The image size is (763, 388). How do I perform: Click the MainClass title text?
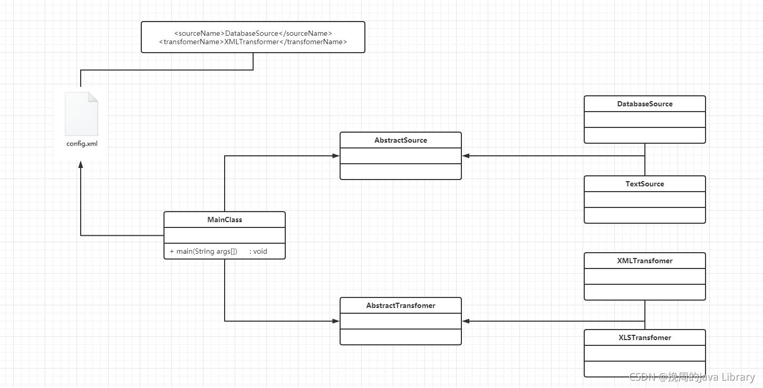click(x=225, y=220)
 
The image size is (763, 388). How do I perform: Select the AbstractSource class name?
click(x=401, y=140)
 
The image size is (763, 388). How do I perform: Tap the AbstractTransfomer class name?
click(x=401, y=305)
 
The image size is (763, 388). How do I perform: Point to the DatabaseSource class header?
click(x=645, y=104)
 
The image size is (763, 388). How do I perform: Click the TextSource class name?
click(x=645, y=184)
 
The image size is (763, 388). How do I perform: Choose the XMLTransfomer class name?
click(x=645, y=261)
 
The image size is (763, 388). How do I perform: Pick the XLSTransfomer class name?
click(x=645, y=337)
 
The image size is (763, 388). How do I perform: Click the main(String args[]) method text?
click(x=204, y=251)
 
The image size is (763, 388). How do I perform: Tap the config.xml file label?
click(x=82, y=144)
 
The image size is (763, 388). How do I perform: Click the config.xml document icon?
click(x=81, y=114)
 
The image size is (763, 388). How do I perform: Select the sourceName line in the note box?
click(x=253, y=33)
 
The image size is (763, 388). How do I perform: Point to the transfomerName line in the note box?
click(x=253, y=42)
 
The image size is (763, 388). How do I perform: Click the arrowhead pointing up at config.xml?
click(x=81, y=165)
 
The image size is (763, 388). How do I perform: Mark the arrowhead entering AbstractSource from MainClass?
click(x=336, y=156)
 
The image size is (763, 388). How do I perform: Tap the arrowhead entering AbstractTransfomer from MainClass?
click(x=336, y=321)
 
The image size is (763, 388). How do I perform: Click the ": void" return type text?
click(x=258, y=251)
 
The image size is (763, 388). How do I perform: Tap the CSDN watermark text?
click(x=692, y=377)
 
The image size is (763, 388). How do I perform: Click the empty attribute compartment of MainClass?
click(x=225, y=235)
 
